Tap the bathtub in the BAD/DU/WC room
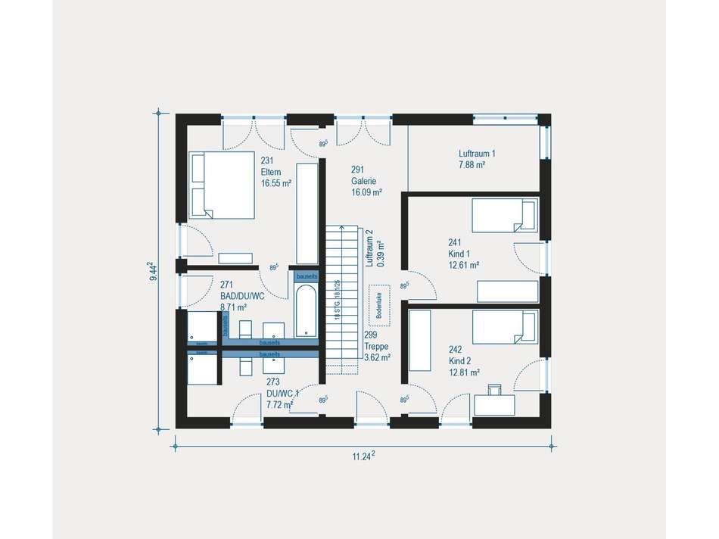307,310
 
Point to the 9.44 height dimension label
154,272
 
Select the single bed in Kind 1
505,215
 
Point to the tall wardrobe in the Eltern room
307,213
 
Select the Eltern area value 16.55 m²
276,183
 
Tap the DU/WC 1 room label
282,394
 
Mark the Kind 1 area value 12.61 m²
464,265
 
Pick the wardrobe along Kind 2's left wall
419,341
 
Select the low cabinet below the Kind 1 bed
507,291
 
